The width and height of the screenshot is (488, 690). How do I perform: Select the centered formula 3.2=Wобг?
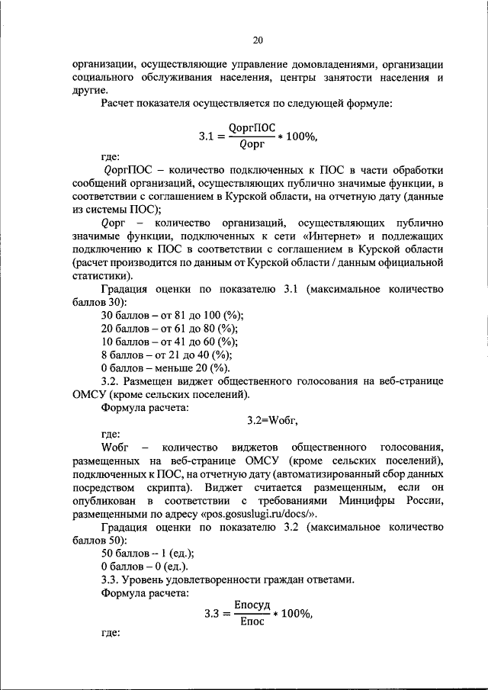(271, 420)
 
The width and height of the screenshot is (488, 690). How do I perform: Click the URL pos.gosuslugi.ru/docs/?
(252, 515)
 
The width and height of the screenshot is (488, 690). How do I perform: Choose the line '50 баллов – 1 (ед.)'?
(146, 553)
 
